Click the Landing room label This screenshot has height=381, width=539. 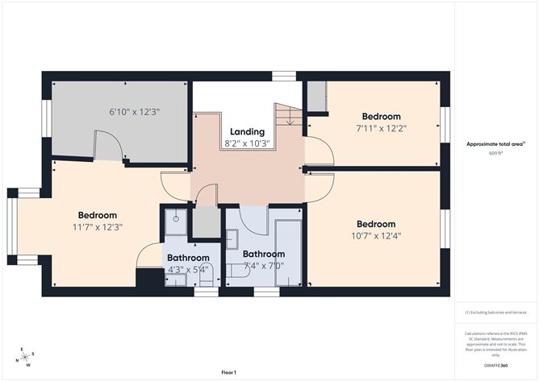pos(246,131)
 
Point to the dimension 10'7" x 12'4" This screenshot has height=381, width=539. pos(376,235)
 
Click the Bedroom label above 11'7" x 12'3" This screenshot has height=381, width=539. pos(98,215)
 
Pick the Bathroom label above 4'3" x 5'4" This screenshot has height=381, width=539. pos(187,258)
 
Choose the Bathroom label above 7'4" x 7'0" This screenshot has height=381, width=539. pos(263,254)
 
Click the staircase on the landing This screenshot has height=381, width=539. pos(287,117)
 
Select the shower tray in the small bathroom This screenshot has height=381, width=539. pos(176,220)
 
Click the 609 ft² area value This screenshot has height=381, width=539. pos(495,153)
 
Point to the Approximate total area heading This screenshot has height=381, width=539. pos(495,144)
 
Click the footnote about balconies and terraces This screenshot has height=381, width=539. pos(495,312)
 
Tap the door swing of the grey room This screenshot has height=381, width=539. pos(108,147)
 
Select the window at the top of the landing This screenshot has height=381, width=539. pos(283,77)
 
